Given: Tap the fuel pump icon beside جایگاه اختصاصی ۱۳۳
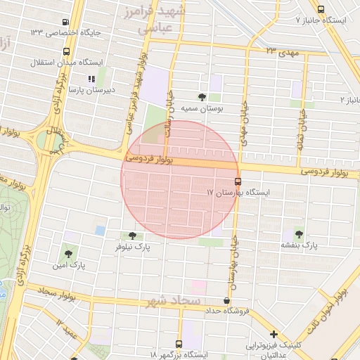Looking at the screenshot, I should pos(65,22).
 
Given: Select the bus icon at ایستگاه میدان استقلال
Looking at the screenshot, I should pos(66,51).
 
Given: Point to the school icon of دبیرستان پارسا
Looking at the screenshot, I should pos(91,79).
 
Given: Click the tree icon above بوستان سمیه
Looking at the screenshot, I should pos(202,97).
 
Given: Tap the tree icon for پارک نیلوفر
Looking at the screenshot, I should pos(132,236).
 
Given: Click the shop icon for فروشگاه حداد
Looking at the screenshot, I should pos(226,300).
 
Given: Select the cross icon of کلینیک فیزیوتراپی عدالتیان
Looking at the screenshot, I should pos(274,334).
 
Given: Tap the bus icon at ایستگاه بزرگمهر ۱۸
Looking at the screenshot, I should pos(178,345).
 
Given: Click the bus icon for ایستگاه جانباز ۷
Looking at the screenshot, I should pos(321,9).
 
